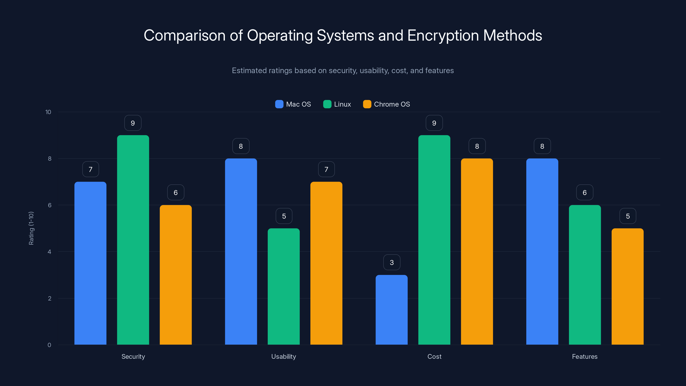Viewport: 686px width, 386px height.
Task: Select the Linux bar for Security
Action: pos(133,240)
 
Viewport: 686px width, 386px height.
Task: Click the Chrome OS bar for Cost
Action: pos(477,252)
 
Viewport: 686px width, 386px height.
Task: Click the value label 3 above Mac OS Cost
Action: pos(392,262)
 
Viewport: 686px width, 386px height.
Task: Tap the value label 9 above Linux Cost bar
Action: pos(434,123)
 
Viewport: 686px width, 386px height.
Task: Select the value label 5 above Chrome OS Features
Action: pos(628,216)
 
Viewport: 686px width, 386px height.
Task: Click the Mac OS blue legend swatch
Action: pos(279,104)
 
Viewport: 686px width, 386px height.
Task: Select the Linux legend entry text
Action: pos(343,104)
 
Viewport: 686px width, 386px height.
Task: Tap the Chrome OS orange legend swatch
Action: pos(367,104)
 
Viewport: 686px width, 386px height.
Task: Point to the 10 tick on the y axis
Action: pos(48,112)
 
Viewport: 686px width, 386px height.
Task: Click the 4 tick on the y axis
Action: pos(49,252)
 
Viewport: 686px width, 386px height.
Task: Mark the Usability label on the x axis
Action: pos(284,356)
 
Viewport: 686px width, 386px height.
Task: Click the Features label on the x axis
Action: pos(585,356)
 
